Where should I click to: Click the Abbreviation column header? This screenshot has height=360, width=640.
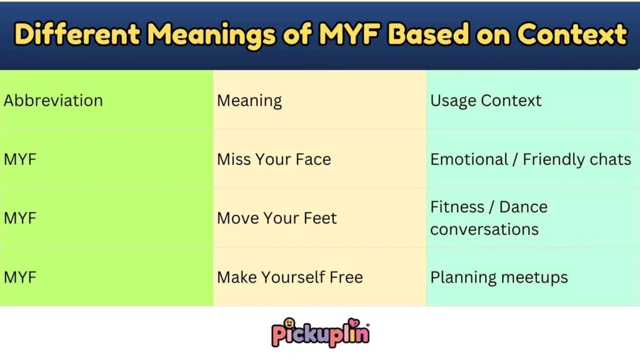point(53,101)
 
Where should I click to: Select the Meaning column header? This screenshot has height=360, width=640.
point(249,101)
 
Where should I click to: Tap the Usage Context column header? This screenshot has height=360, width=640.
point(486,101)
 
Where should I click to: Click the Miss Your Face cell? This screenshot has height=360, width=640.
point(274,159)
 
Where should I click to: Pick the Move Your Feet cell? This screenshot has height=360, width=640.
point(277,218)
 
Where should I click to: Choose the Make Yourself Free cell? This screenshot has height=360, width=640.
point(290,277)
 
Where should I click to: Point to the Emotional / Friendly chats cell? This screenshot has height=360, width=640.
point(531,159)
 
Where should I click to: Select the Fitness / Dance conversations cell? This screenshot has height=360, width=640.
point(489,218)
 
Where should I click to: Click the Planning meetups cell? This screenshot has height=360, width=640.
point(499,277)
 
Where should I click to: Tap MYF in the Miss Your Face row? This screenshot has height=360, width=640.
point(20,159)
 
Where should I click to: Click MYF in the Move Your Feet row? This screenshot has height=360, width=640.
point(20,218)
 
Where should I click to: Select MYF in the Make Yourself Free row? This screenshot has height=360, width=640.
point(20,277)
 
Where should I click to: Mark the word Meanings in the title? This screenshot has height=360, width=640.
point(213,34)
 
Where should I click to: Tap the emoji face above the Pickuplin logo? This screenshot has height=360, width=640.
point(290,324)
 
